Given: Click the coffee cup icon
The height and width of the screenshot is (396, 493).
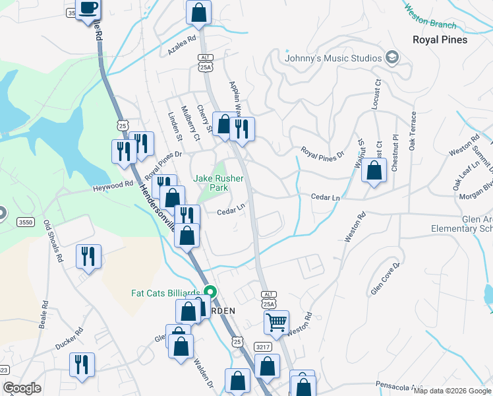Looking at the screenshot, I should (x=88, y=9).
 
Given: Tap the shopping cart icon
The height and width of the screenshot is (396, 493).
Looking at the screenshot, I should (x=277, y=323).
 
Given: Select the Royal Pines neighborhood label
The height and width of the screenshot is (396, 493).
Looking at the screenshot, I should (x=440, y=40).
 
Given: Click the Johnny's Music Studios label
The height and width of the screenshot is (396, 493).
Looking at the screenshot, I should (x=333, y=58).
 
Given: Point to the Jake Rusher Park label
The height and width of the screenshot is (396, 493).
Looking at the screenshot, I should (x=210, y=183).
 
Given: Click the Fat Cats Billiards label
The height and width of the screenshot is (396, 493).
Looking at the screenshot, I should (x=165, y=293).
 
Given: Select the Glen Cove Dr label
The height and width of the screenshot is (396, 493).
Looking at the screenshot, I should (x=386, y=279).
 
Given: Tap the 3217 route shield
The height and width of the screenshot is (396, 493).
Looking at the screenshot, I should (x=263, y=346).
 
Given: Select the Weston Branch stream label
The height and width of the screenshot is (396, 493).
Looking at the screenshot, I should (x=430, y=18).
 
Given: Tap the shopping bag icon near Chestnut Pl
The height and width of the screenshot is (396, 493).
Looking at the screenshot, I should (x=374, y=171).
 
